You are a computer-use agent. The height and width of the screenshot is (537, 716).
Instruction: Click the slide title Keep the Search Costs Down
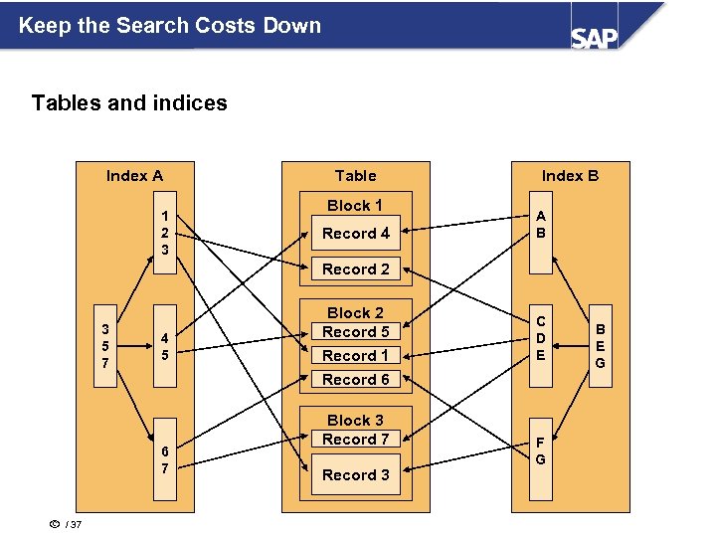point(170,26)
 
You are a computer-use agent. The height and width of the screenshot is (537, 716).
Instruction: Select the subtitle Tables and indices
point(129,103)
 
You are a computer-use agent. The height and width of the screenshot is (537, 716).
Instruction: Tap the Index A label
point(134,176)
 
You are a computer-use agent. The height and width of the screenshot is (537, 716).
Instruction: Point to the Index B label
point(570,176)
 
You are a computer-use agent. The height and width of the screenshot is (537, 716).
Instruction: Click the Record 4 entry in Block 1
point(355,234)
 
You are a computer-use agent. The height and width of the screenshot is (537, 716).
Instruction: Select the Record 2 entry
point(355,268)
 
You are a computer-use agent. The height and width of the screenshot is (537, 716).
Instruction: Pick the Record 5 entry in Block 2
point(355,332)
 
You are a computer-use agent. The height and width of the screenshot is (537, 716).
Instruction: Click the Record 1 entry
point(355,355)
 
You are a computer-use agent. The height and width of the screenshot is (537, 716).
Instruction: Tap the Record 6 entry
point(355,379)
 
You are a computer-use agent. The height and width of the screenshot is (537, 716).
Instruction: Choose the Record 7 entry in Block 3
point(355,440)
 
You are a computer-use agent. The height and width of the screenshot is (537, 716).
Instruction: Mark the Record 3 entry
point(355,474)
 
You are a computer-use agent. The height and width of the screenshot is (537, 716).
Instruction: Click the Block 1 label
point(355,206)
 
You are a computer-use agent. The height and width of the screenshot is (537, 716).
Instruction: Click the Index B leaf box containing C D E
point(540,338)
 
